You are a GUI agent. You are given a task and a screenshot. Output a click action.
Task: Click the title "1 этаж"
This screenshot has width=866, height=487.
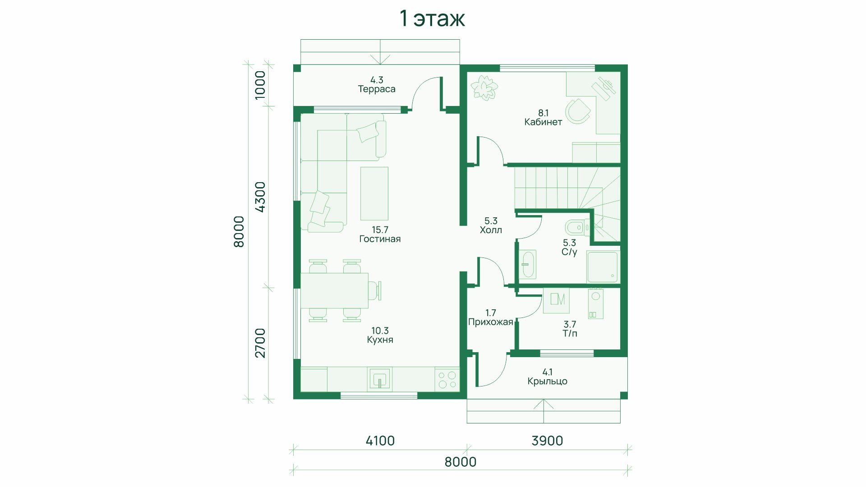pos(432,18)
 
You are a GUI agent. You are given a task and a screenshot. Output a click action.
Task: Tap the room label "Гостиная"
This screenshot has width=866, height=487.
pos(380,239)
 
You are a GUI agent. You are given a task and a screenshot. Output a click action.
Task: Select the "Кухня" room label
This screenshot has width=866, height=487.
pos(380,340)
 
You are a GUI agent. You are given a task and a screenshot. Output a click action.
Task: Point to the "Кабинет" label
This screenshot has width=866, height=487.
pos(543,122)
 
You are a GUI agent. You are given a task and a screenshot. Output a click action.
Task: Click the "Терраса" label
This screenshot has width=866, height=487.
pos(377,89)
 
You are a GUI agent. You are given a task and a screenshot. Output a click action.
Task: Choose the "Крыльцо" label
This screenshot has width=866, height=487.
pos(548,381)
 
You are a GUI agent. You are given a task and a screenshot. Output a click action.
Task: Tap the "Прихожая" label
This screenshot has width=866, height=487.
pos(491,322)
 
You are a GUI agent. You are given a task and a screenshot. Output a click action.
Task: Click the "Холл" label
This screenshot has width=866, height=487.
pos(491,230)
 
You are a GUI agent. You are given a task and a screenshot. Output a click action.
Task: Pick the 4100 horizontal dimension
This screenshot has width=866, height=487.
pos(380,441)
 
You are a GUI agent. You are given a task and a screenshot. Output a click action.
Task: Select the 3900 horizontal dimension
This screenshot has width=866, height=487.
pos(547,441)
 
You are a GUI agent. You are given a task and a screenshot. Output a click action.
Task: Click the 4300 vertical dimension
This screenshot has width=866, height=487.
pos(260,197)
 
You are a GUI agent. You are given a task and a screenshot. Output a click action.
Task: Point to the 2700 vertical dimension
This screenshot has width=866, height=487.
pos(260,343)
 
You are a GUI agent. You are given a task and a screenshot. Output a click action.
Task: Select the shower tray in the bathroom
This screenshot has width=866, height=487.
pos(602,266)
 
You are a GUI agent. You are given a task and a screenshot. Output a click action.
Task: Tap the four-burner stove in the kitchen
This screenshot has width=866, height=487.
pos(447,379)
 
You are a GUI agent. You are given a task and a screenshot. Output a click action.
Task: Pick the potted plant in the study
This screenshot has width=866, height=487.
pos(484,88)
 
